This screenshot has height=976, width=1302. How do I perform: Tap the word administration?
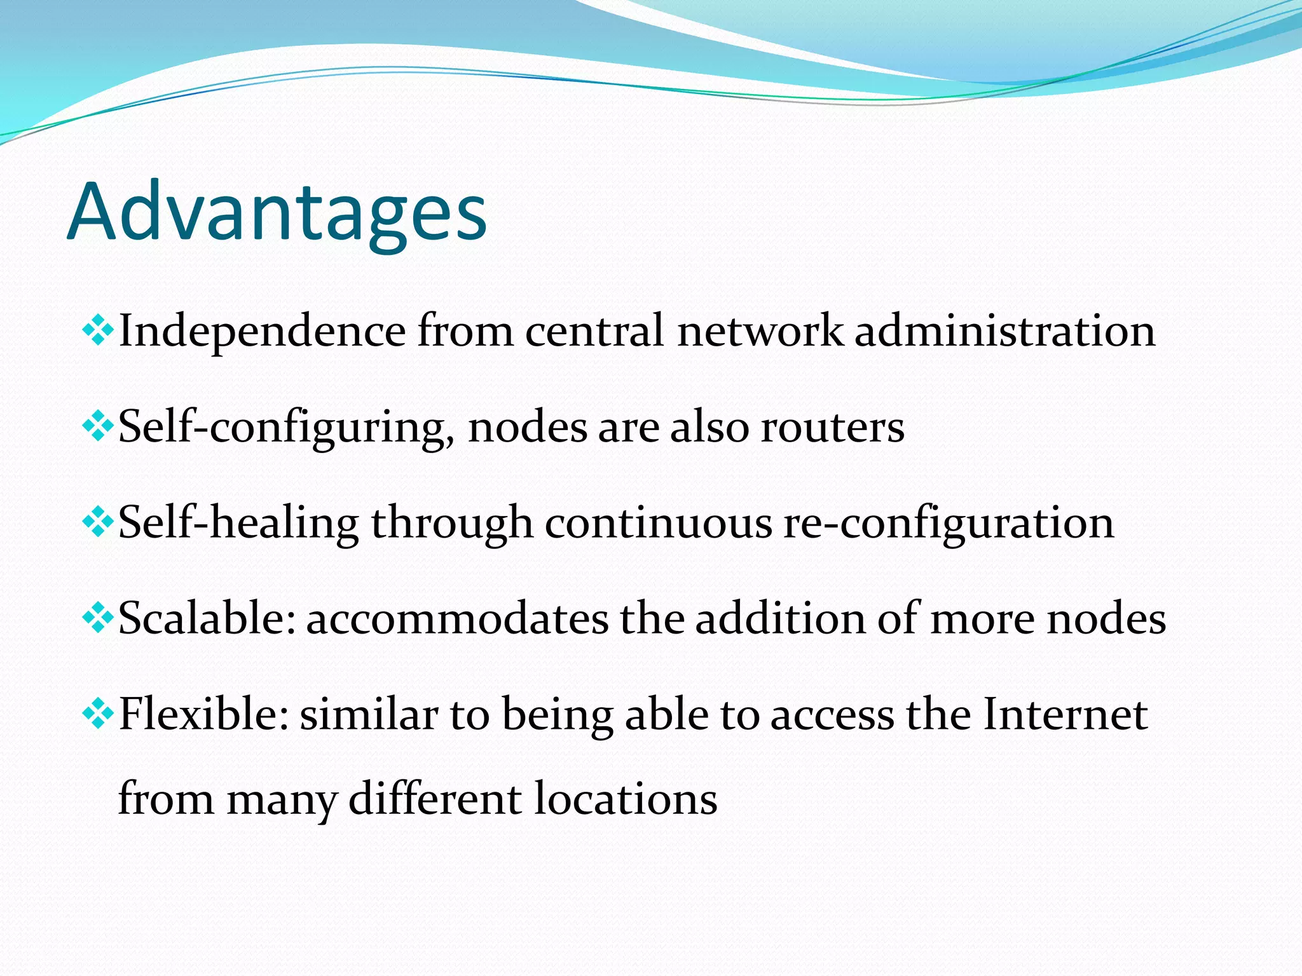pyautogui.click(x=1004, y=331)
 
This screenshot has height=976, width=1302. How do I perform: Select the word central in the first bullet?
pyautogui.click(x=594, y=331)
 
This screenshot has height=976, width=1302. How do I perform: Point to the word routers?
pyautogui.click(x=833, y=427)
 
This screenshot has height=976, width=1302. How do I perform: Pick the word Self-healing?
pyautogui.click(x=238, y=523)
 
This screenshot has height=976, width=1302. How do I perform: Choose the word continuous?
pyautogui.click(x=658, y=523)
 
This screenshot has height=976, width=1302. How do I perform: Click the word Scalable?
pyautogui.click(x=207, y=618)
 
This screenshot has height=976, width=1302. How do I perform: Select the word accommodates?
pyautogui.click(x=458, y=618)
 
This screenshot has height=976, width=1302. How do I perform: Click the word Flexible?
pyautogui.click(x=203, y=714)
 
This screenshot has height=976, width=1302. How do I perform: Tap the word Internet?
pyautogui.click(x=1065, y=714)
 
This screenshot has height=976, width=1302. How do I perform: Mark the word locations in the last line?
pyautogui.click(x=626, y=799)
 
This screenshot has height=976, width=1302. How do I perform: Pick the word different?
pyautogui.click(x=435, y=799)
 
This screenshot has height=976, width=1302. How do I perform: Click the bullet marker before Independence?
pyautogui.click(x=98, y=330)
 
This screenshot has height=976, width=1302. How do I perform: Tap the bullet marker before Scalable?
pyautogui.click(x=98, y=618)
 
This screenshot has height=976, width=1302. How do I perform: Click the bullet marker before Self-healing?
pyautogui.click(x=98, y=523)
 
